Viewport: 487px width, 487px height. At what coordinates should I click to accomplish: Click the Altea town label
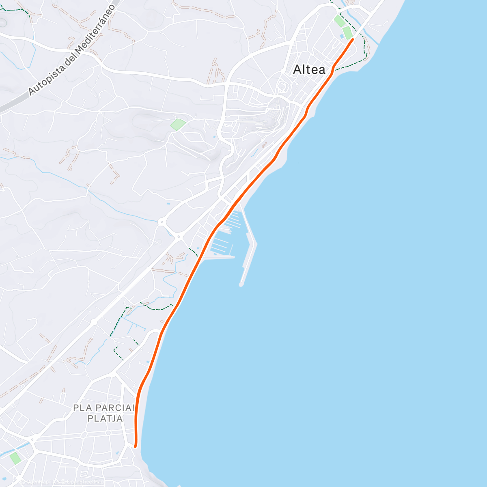pos(309,70)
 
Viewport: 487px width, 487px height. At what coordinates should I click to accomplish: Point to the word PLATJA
pos(105,418)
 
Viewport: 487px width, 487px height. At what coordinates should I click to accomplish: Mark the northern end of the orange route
pos(353,39)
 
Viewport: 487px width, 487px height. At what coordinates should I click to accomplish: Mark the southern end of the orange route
pos(136,446)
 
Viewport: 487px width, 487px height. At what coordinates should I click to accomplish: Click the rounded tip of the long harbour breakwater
pos(241,284)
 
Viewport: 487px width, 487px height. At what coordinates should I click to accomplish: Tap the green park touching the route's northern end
pos(347,32)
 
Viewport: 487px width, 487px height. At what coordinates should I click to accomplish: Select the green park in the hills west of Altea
pos(178,124)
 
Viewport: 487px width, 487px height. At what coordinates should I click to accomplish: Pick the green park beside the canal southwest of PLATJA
pos(15,458)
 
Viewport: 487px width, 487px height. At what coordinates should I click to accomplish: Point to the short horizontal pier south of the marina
pos(219,257)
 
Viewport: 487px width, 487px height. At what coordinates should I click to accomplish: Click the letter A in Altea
pos(297,70)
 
